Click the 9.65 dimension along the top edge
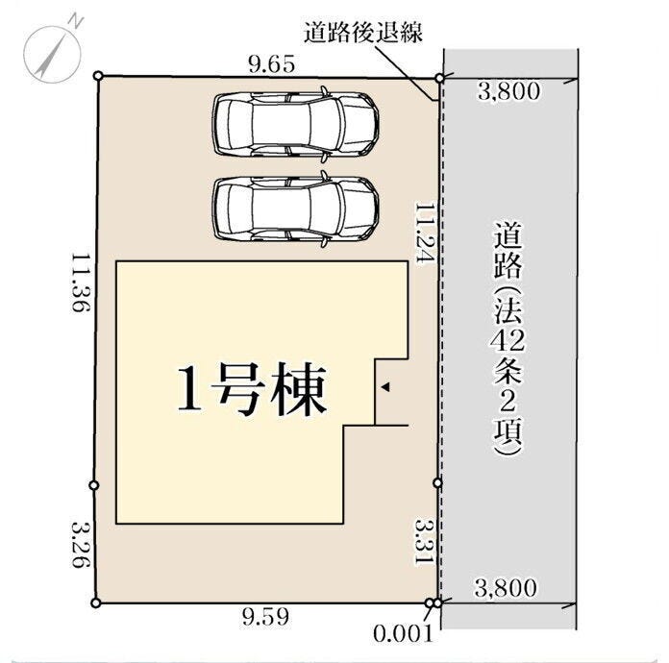[272, 64]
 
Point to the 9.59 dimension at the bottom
[265, 617]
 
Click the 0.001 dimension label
[403, 634]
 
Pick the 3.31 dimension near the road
[425, 542]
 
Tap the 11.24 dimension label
[425, 234]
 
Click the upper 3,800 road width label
[508, 91]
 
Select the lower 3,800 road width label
[506, 588]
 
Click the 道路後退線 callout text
[363, 33]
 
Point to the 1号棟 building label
[252, 389]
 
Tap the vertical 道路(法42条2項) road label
[508, 339]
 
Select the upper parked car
[295, 124]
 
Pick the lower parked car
[295, 209]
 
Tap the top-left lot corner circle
[98, 76]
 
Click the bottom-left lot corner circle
[96, 602]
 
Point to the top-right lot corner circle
[440, 79]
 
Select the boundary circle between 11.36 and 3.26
[95, 485]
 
